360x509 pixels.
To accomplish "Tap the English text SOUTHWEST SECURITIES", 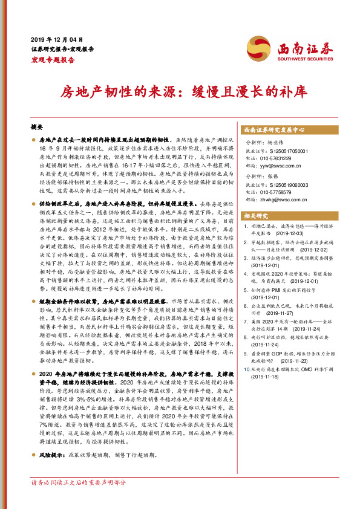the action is coord(304,59).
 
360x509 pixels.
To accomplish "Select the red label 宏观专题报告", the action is coord(53,60).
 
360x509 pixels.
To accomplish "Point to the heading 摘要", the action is coord(37,128).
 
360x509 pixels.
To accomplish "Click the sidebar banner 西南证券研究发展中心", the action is coord(273,130).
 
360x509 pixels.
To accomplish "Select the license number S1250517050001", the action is coord(286,151).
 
